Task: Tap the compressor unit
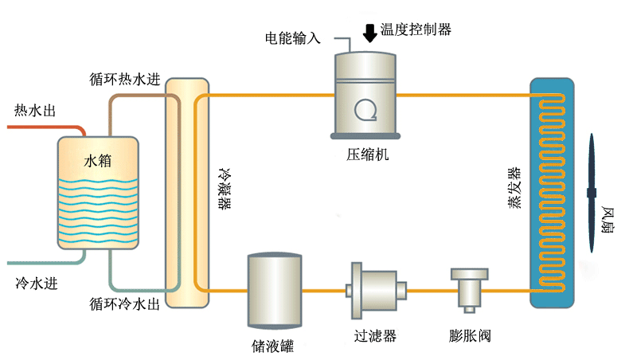point(365,92)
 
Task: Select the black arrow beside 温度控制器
point(370,33)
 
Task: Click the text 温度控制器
point(416,29)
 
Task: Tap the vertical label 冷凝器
point(225,188)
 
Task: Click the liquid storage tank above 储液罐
point(275,290)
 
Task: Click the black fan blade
point(592,192)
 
